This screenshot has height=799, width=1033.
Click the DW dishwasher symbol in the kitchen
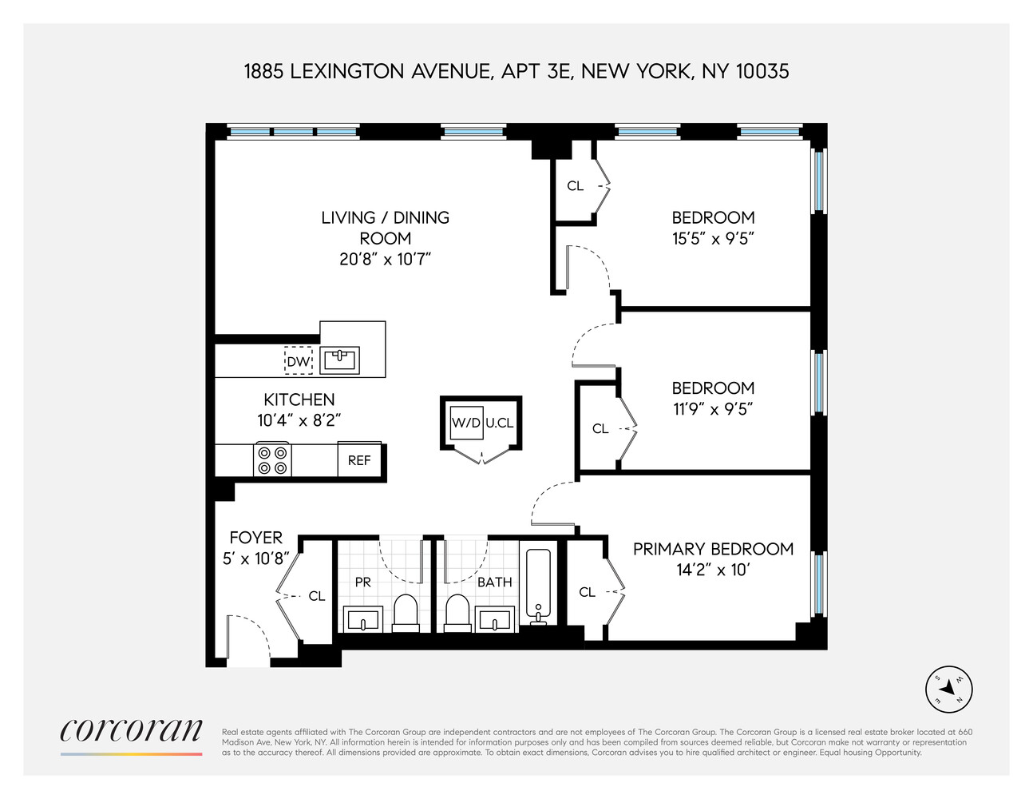(299, 362)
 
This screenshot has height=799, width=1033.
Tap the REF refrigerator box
(359, 461)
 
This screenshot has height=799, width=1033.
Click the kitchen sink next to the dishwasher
(339, 360)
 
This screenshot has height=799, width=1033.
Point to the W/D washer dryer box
(466, 423)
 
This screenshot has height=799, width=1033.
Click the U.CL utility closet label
(500, 423)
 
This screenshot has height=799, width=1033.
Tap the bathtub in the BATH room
(540, 583)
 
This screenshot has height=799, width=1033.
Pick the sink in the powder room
(363, 618)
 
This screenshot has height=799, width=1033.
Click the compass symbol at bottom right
(948, 689)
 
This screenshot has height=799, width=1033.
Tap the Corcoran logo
(132, 731)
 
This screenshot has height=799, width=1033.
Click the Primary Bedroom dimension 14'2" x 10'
(713, 570)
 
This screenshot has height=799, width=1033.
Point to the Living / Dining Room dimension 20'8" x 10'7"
(385, 259)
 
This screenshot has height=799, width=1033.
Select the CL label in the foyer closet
(317, 596)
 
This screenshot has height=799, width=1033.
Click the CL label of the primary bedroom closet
(588, 592)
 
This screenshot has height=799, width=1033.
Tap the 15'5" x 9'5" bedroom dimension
(713, 238)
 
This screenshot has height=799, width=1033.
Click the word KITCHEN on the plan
(299, 399)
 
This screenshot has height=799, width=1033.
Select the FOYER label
(255, 538)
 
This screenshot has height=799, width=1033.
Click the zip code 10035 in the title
(762, 72)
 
